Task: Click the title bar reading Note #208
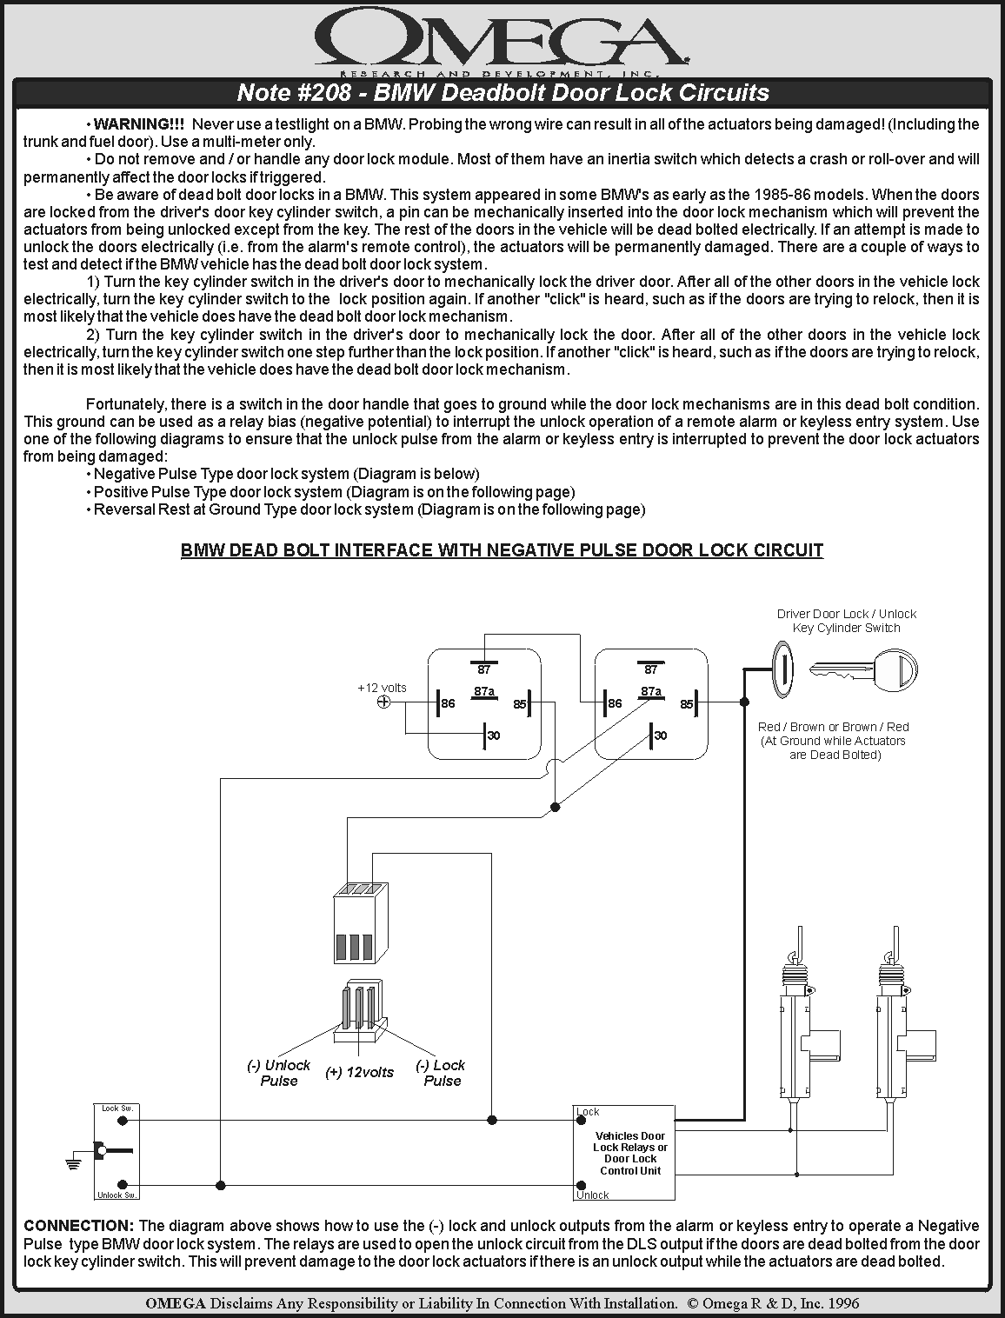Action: click(x=503, y=93)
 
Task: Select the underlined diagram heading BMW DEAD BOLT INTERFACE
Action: click(x=502, y=550)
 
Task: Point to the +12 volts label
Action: click(x=382, y=688)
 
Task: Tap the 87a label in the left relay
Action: click(x=484, y=692)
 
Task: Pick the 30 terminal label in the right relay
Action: click(x=661, y=736)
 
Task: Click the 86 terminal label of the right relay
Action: click(x=616, y=703)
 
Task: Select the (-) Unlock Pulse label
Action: click(x=279, y=1073)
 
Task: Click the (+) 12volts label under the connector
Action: click(x=359, y=1073)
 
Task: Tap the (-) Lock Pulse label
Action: click(x=441, y=1073)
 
